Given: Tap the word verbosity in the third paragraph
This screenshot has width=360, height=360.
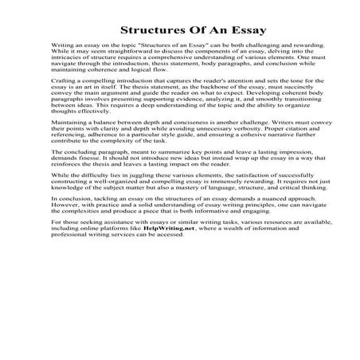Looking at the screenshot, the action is tap(237, 151).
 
